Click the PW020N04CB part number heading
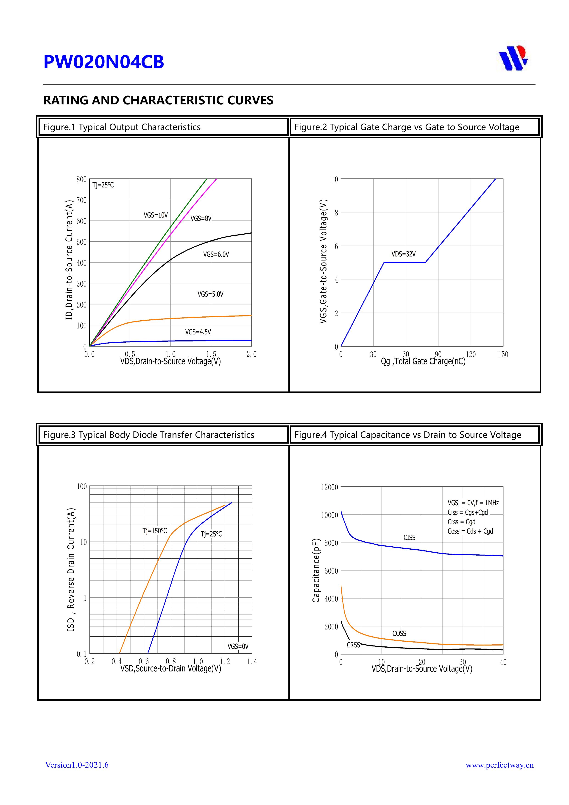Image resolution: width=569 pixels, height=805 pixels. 103,62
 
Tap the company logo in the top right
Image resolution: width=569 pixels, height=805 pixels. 513,58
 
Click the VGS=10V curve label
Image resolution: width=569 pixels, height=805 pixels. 156,215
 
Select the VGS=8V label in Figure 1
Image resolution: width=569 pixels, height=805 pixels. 201,218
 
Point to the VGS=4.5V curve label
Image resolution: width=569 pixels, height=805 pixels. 198,332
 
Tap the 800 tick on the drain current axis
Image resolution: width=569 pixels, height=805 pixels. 81,179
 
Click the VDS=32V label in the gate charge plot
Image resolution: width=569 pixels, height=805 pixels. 404,254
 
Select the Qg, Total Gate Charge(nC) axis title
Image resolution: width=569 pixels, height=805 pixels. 423,361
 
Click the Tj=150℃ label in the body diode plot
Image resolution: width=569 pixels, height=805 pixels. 155,531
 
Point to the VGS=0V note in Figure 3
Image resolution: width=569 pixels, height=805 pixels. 238,646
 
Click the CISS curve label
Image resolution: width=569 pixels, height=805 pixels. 409,537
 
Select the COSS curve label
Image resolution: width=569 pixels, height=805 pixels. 399,633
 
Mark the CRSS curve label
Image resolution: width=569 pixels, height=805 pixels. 353,645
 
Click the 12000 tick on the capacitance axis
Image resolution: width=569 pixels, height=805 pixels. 329,487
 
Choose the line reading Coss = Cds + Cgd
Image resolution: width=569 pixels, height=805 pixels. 470,531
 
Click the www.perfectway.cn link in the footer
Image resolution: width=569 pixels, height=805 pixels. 499,765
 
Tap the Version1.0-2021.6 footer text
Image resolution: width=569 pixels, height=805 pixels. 77,765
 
